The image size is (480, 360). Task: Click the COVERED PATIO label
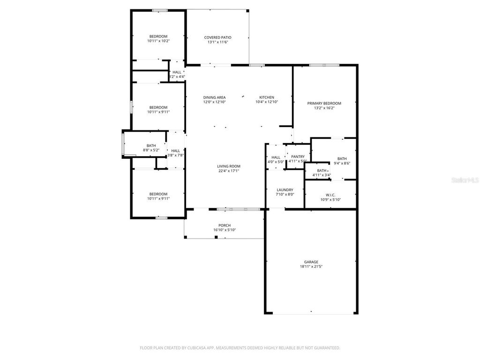(x=217, y=37)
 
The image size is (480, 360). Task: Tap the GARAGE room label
(x=311, y=262)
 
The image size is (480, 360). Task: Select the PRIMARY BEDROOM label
(x=324, y=103)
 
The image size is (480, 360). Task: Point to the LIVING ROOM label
(x=228, y=166)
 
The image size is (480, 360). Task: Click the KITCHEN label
(x=267, y=97)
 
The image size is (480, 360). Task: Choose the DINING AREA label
(x=214, y=97)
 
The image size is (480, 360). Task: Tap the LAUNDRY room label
(x=285, y=190)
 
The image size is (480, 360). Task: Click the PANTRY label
(x=298, y=157)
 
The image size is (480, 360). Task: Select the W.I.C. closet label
(x=330, y=195)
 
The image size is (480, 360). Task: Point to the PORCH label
(x=225, y=225)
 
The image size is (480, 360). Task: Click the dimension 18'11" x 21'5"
(x=311, y=267)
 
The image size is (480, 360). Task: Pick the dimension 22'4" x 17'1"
(x=228, y=171)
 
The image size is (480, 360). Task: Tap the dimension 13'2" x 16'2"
(x=324, y=108)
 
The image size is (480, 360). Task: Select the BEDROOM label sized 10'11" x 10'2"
(x=158, y=37)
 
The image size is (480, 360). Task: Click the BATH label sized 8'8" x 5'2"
(x=151, y=146)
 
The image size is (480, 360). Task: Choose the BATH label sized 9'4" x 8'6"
(x=342, y=158)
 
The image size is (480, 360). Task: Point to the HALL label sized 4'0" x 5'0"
(x=276, y=157)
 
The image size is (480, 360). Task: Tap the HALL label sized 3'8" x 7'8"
(x=175, y=150)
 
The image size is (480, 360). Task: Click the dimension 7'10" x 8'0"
(x=285, y=195)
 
